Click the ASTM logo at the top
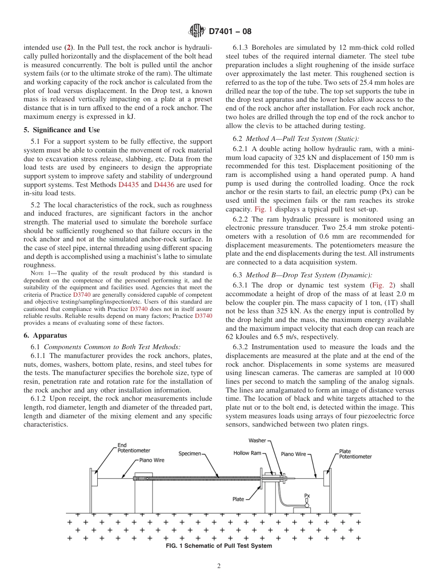click(197, 31)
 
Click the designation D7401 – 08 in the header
click(230, 32)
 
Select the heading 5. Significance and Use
click(61, 130)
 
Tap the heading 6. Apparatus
click(45, 335)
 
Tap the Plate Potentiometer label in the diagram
click(355, 454)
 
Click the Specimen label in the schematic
click(189, 454)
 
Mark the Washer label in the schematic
click(257, 440)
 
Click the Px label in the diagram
click(307, 496)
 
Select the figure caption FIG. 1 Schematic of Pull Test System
click(219, 546)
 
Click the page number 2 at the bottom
click(219, 566)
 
